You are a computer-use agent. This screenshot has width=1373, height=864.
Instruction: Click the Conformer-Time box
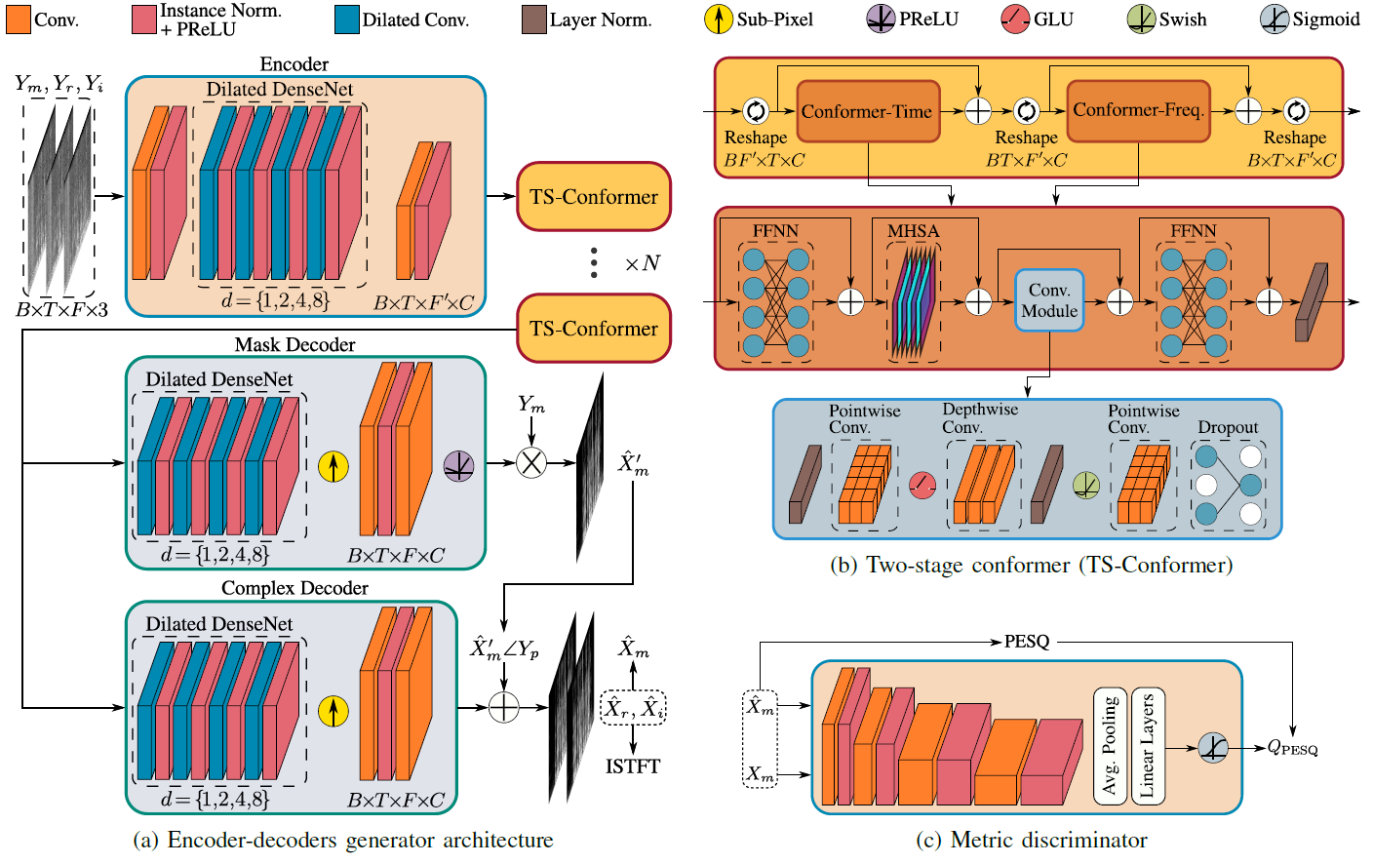868,111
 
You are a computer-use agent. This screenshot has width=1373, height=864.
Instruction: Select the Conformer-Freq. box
1138,110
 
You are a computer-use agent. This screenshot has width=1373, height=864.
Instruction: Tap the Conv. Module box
1049,300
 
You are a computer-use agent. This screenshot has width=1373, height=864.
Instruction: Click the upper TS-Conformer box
594,197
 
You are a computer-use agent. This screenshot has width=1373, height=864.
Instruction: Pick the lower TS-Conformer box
594,329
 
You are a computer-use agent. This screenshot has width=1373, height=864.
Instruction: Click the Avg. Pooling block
1110,746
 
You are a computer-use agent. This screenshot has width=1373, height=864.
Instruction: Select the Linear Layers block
1148,746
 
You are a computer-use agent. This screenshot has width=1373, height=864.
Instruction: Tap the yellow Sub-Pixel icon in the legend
719,19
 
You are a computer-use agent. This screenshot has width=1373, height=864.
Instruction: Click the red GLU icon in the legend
1015,19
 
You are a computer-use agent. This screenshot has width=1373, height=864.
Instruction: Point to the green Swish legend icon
1141,19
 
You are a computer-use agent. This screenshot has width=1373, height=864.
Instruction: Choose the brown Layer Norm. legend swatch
533,20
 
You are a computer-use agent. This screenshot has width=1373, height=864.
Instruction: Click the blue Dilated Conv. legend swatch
346,20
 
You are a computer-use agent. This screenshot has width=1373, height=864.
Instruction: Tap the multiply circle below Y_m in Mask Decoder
530,462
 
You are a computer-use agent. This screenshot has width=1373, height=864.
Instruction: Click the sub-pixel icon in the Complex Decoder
333,711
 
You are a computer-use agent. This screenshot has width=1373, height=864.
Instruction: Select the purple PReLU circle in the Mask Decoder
458,466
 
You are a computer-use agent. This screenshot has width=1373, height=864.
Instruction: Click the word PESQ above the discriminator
1027,642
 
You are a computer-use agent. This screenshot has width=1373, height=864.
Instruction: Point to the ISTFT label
633,766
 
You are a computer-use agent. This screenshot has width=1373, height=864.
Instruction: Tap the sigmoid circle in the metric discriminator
1213,748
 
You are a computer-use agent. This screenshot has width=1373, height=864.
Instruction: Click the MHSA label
913,231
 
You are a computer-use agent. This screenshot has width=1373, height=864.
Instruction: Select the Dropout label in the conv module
1228,427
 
